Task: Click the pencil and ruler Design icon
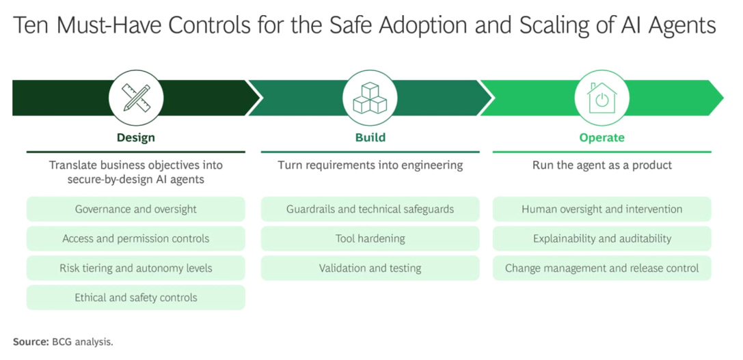click(136, 98)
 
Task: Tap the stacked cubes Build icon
click(370, 98)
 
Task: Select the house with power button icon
click(602, 98)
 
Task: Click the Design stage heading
click(136, 137)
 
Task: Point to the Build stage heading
click(370, 137)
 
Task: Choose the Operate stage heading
click(602, 137)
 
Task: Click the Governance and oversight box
click(136, 209)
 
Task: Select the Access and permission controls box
click(136, 238)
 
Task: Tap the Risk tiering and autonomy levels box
click(136, 268)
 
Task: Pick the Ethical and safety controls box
click(136, 297)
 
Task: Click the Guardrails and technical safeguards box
click(370, 209)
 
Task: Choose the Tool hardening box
click(370, 238)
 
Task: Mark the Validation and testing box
click(370, 268)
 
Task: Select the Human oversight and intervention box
click(602, 209)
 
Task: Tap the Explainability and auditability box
click(602, 238)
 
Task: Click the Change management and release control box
click(602, 268)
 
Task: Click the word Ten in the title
click(32, 26)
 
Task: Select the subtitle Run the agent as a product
click(602, 165)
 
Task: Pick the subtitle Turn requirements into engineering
click(370, 165)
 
